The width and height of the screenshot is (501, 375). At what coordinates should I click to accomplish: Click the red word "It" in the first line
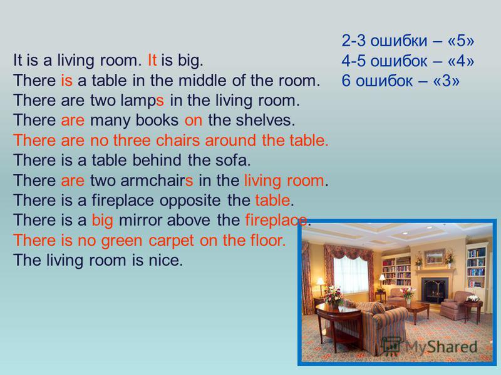(152, 60)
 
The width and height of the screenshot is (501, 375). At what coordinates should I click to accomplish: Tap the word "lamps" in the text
(142, 101)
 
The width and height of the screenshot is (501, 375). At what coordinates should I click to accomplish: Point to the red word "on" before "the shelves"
(194, 121)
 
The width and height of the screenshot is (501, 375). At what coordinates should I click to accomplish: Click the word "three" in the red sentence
(132, 140)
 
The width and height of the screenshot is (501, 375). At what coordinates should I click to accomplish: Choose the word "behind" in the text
(157, 160)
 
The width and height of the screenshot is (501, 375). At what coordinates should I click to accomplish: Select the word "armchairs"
(157, 180)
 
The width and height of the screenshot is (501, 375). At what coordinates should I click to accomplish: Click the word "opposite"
(190, 201)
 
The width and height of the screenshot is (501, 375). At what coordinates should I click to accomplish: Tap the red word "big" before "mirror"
(103, 221)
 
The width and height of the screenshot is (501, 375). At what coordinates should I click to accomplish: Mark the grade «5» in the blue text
(461, 41)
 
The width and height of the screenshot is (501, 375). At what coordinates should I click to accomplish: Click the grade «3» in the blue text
(447, 81)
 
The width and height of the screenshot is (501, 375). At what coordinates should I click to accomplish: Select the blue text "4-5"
(353, 61)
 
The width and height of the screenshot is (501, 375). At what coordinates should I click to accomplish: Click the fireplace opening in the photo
(434, 289)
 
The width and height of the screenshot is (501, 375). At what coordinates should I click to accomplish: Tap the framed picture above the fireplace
(434, 257)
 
